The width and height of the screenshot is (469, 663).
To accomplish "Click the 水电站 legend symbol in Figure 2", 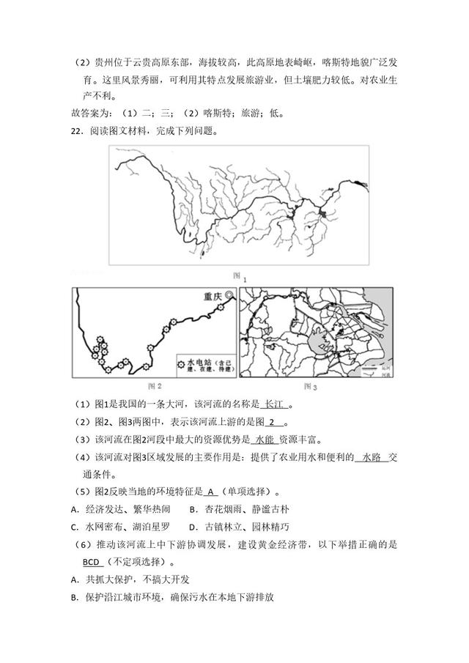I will point(181,363).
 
